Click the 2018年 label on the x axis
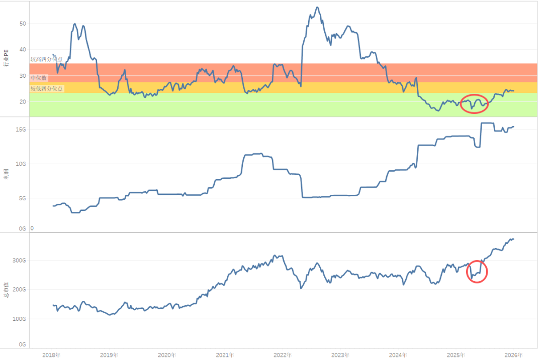[x=51, y=355]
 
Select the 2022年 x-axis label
[x=283, y=355]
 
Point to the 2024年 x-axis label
[x=398, y=355]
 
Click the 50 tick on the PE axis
[x=23, y=24]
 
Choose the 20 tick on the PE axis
[x=23, y=101]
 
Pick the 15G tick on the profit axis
[x=21, y=130]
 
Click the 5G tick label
[x=23, y=198]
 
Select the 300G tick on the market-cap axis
[x=19, y=261]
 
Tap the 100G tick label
[x=19, y=319]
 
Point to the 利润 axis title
[x=7, y=174]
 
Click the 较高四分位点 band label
[x=46, y=59]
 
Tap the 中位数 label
[x=38, y=78]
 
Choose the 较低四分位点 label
[x=47, y=88]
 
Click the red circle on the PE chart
[x=475, y=103]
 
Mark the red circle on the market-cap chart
[x=477, y=272]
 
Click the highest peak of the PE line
[x=317, y=8]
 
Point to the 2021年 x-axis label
[x=225, y=355]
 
